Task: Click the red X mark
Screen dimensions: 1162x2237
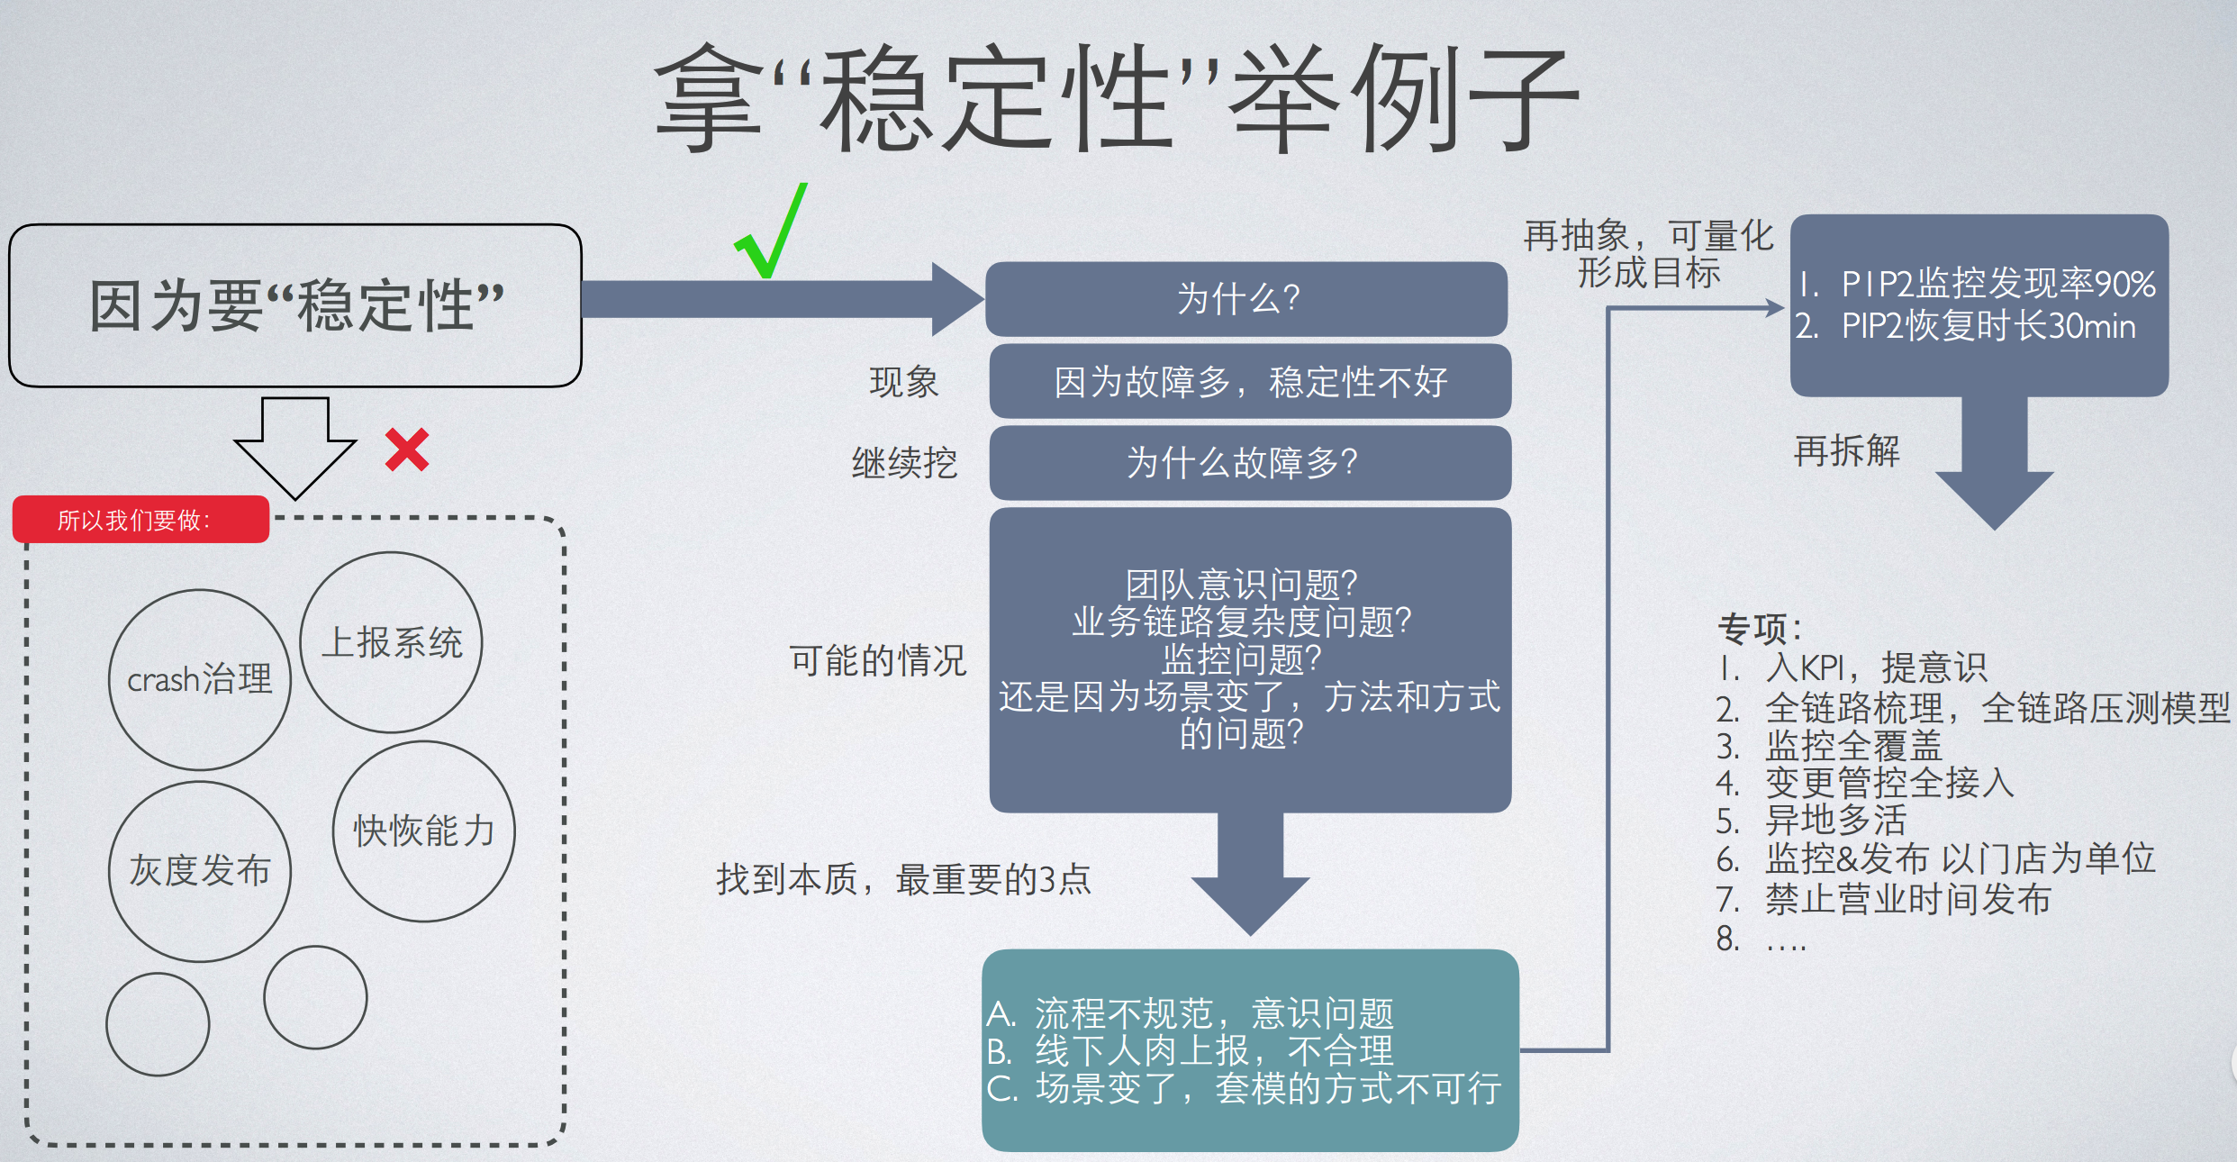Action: click(x=407, y=449)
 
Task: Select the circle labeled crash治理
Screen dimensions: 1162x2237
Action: click(x=199, y=680)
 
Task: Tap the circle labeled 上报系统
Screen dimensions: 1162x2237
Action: click(x=391, y=642)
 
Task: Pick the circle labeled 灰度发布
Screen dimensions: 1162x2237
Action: click(x=199, y=871)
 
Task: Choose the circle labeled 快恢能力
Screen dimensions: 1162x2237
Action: click(x=423, y=831)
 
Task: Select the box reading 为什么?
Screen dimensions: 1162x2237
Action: click(x=1246, y=299)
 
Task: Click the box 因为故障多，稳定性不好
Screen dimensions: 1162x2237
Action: click(x=1250, y=381)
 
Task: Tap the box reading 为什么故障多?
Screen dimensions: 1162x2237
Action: click(x=1250, y=463)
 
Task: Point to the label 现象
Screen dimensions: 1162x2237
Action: click(x=903, y=382)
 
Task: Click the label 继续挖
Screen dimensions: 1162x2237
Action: click(x=904, y=463)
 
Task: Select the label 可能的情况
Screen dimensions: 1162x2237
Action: click(x=877, y=660)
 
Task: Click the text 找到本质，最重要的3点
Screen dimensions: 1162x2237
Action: click(x=903, y=879)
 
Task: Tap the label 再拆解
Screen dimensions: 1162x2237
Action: click(x=1846, y=450)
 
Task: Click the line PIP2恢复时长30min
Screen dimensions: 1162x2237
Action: click(x=1987, y=326)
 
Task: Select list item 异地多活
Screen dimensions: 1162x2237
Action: click(x=1835, y=821)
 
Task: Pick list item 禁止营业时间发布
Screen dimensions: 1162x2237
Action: click(x=1907, y=899)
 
